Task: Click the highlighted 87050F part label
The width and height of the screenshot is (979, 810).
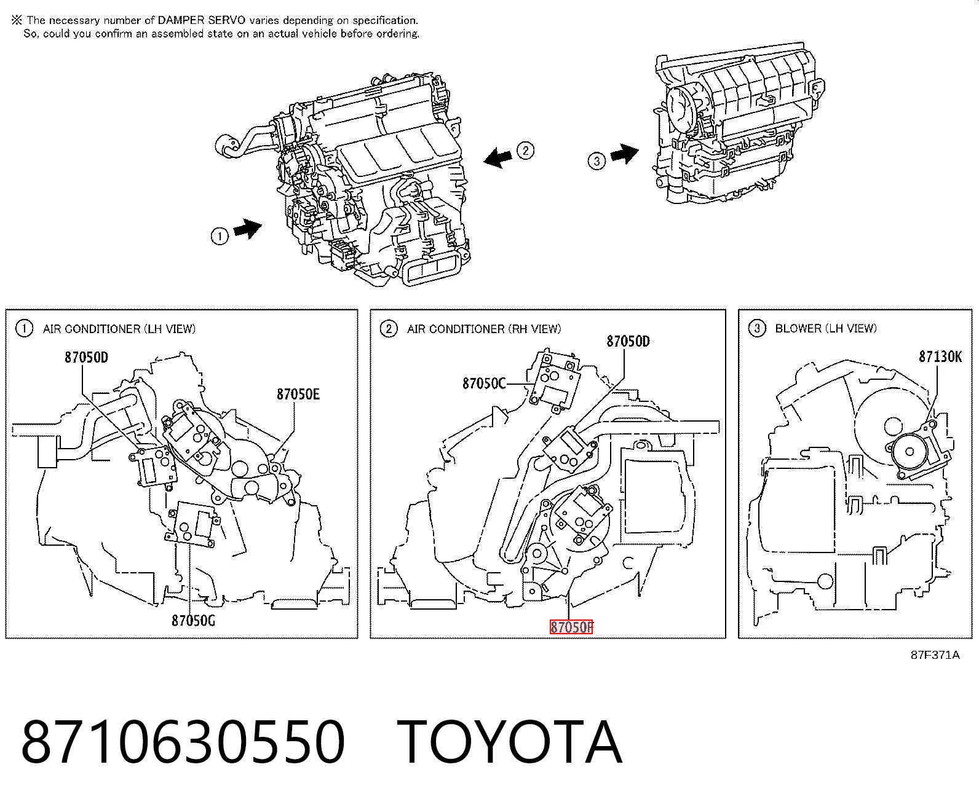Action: tap(571, 627)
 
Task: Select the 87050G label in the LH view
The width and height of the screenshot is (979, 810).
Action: tap(193, 621)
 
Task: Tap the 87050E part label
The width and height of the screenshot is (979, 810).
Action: tap(298, 394)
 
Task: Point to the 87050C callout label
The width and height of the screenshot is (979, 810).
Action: tap(484, 383)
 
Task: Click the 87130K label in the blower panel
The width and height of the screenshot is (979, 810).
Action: tap(940, 356)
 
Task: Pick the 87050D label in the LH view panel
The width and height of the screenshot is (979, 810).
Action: tap(86, 357)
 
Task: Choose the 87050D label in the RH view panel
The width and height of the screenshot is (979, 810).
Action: tap(628, 341)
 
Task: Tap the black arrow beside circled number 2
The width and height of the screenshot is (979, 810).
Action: tap(498, 157)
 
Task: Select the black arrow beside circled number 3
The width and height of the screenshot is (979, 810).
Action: tap(625, 154)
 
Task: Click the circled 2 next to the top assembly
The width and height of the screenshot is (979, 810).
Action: tap(525, 151)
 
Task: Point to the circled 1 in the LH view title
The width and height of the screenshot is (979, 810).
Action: tap(24, 329)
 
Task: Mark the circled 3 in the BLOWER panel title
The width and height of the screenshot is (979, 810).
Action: tap(757, 329)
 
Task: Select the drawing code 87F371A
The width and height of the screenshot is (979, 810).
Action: tap(935, 655)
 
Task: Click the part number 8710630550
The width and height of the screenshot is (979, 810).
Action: tap(183, 742)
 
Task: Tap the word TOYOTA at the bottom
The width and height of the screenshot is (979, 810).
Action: tap(510, 742)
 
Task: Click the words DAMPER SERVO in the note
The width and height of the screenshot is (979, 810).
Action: tap(201, 20)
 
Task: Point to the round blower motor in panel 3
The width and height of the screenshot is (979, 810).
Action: tap(910, 452)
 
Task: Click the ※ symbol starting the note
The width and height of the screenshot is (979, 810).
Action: tap(17, 20)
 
